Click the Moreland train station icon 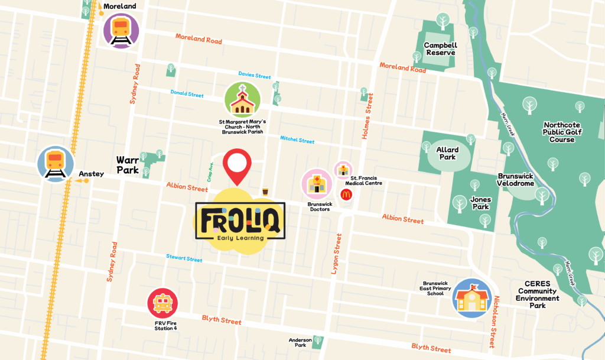point(121,30)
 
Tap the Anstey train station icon point(56,163)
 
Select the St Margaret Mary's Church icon point(242,99)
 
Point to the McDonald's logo point(346,194)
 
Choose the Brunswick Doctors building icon point(317,183)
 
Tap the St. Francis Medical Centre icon point(343,170)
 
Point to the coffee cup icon point(265,191)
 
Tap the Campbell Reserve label point(440,48)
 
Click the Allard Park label point(447,154)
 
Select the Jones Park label point(480,203)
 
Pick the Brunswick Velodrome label point(516,180)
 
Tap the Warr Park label point(127,165)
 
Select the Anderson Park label point(300,342)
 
